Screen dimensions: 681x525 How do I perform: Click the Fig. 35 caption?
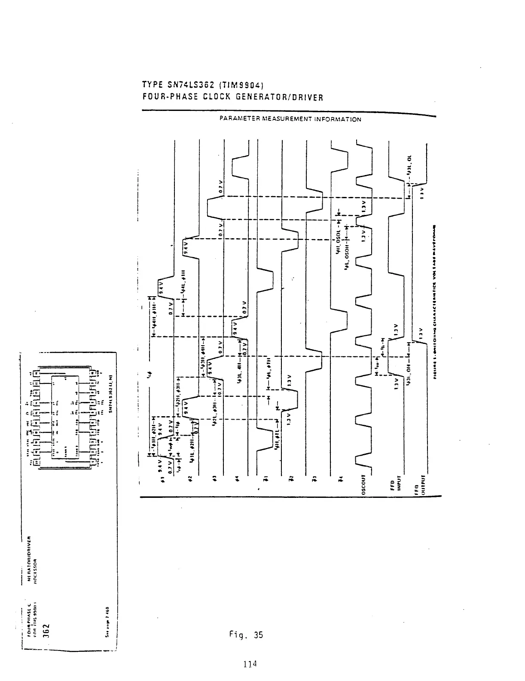pyautogui.click(x=246, y=635)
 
